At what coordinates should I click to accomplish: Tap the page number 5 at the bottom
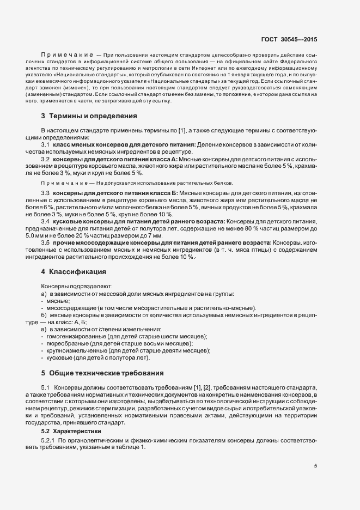[x=315, y=466]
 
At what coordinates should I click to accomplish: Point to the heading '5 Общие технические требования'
[x=102, y=373]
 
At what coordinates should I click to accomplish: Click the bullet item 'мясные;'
[x=58, y=301]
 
